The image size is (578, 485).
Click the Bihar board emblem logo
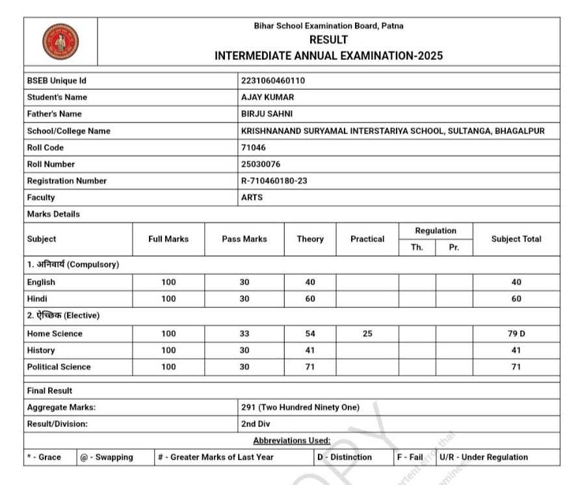pos(60,42)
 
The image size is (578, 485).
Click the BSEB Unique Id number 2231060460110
pos(273,81)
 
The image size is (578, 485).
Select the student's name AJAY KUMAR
pos(267,97)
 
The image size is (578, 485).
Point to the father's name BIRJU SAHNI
pos(267,114)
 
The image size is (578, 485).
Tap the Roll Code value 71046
pos(253,148)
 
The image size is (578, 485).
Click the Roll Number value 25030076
pos(261,164)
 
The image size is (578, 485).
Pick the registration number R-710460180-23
pos(274,181)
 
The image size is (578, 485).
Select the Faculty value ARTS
pos(252,197)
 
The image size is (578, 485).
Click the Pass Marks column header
pos(244,239)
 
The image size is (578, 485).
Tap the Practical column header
pos(367,239)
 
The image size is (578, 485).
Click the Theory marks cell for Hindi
pos(310,299)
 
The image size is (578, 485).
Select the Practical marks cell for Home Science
pos(367,333)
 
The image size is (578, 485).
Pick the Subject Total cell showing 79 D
pos(516,333)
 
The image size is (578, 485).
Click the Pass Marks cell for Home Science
pos(244,333)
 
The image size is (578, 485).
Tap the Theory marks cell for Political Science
pos(310,367)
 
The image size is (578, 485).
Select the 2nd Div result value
pos(256,424)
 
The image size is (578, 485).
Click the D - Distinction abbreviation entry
pos(345,457)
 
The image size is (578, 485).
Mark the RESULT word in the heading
pos(328,40)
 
